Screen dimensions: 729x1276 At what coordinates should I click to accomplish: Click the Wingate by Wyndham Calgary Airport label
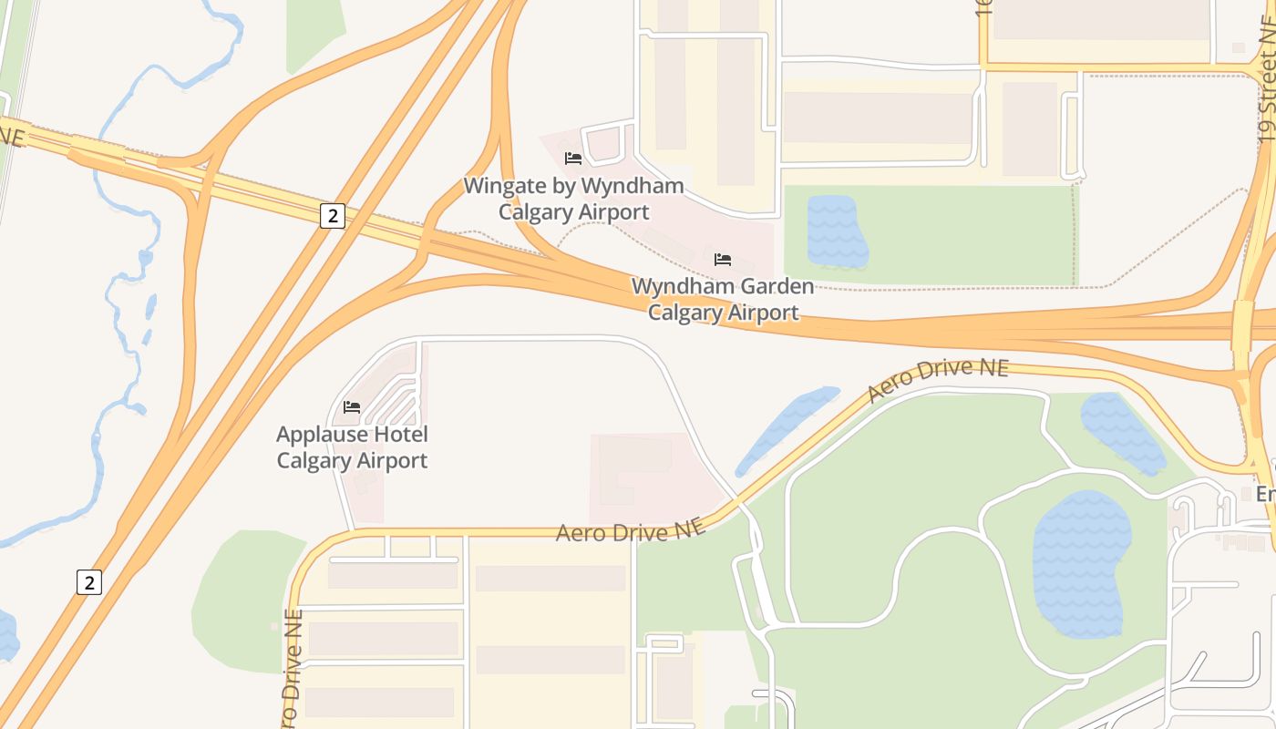click(x=573, y=199)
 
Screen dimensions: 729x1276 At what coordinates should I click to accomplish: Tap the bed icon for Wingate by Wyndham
click(x=573, y=158)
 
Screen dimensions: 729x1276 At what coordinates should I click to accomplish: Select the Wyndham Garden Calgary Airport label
click(x=723, y=299)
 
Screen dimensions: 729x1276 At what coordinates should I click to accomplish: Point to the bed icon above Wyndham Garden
click(x=723, y=259)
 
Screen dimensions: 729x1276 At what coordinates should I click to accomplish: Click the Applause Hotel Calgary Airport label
click(x=352, y=447)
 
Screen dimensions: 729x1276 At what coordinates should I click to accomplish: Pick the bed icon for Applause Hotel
click(x=352, y=406)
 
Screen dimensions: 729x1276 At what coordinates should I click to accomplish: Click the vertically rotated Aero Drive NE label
click(x=292, y=670)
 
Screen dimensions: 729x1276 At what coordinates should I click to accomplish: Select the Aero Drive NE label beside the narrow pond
click(x=938, y=379)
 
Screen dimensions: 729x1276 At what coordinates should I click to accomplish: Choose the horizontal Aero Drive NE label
click(x=631, y=531)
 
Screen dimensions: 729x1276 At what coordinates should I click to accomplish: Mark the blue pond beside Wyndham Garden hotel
click(x=835, y=232)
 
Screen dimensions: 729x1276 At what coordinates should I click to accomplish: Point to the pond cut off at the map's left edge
click(x=6, y=636)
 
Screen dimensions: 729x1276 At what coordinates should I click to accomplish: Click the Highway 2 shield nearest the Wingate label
click(x=333, y=216)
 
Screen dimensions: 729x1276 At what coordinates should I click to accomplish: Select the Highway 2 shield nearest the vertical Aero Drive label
click(x=88, y=581)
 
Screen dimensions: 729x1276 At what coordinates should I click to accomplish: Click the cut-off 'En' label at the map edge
click(x=1265, y=494)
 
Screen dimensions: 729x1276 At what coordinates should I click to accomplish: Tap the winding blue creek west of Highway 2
click(x=118, y=301)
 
